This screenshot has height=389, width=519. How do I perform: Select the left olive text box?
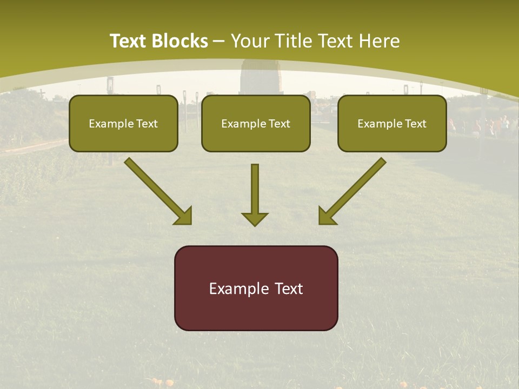[123, 123]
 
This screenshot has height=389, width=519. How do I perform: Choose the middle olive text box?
[256, 123]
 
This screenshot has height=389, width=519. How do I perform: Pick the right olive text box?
[392, 123]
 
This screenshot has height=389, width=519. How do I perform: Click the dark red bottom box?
[256, 288]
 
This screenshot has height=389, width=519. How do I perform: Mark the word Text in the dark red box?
[289, 289]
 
